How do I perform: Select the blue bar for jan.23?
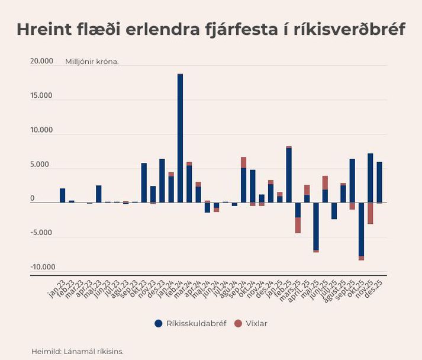point(62,195)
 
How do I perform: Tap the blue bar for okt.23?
point(144,183)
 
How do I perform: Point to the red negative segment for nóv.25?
point(370,213)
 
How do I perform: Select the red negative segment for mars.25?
point(298,225)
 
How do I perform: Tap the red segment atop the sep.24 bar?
point(243,162)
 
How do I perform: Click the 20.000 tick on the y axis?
point(41,61)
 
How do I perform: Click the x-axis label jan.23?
point(57,288)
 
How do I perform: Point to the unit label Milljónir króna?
point(92,61)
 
